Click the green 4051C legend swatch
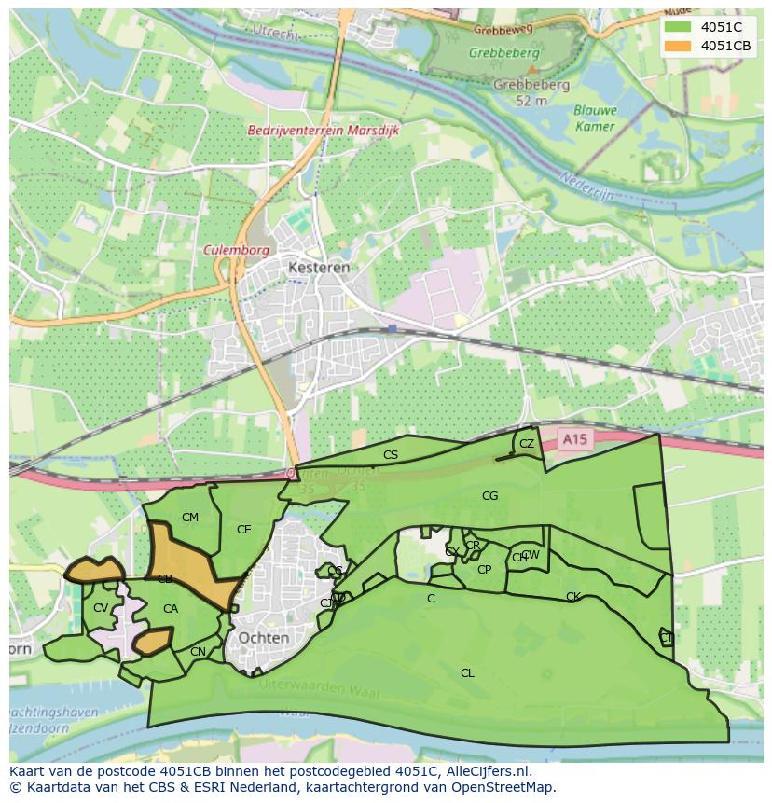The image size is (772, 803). [x=679, y=27]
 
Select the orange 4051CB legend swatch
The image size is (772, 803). [x=679, y=46]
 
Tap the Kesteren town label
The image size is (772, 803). [x=319, y=267]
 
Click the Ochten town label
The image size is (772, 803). [x=264, y=638]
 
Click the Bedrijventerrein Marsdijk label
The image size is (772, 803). [x=324, y=132]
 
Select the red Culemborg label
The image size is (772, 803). [x=237, y=251]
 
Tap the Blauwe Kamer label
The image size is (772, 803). [x=595, y=118]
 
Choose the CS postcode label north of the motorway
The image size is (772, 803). [x=391, y=455]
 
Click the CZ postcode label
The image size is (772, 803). [x=527, y=444]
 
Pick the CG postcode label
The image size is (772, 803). [x=490, y=496]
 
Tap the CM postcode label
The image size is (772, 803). [x=190, y=518]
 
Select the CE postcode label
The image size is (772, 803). [x=244, y=530]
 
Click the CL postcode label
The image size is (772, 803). [x=467, y=672]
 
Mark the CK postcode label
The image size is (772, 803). [x=572, y=597]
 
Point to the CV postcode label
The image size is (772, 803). [x=101, y=608]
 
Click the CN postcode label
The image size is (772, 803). [x=198, y=652]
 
